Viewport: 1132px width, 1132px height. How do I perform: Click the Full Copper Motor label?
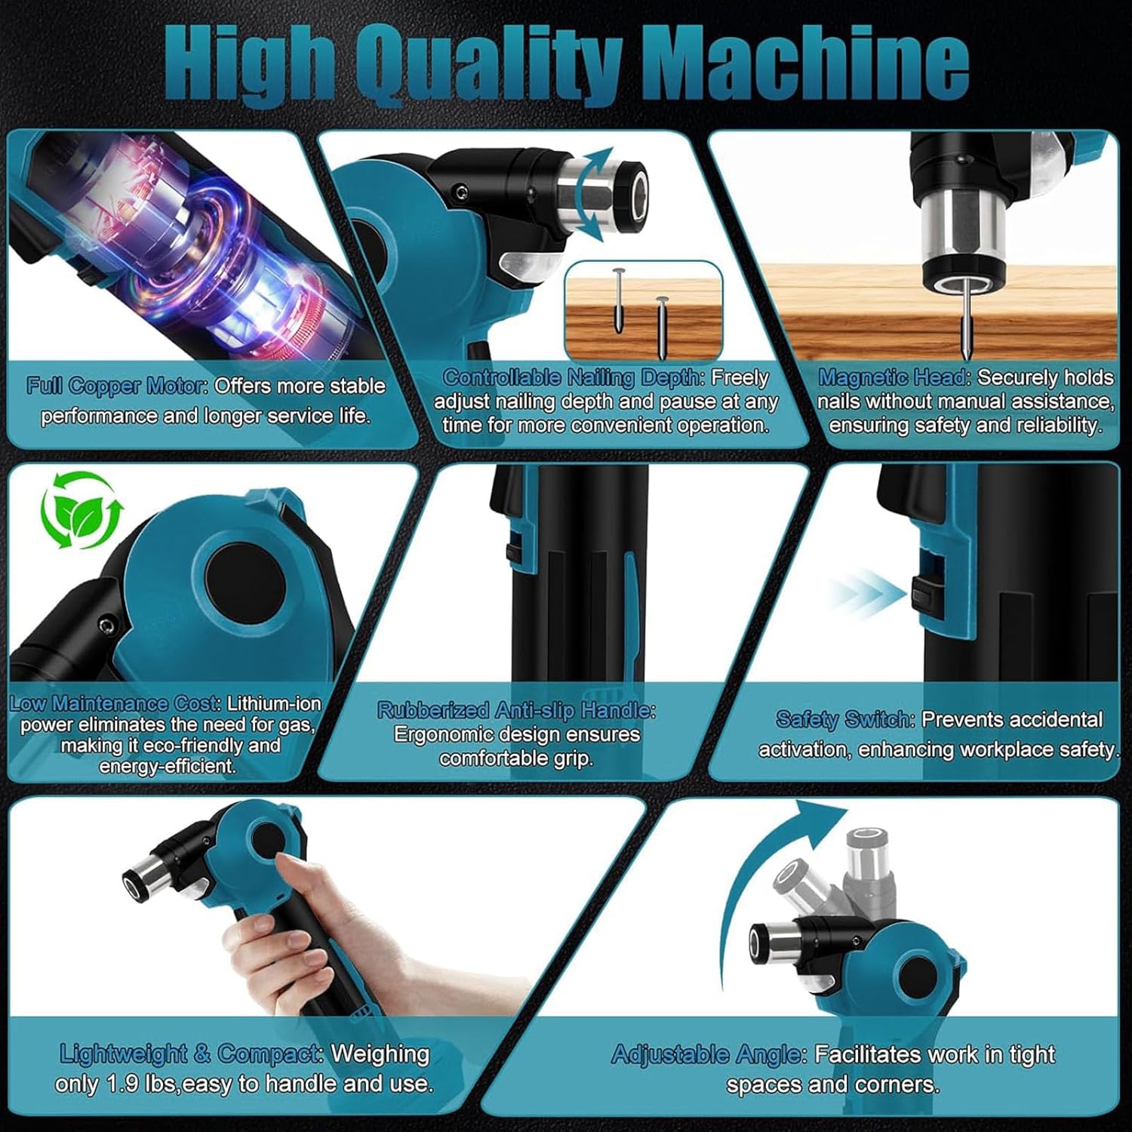[118, 386]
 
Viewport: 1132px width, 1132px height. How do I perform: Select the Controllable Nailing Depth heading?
[574, 377]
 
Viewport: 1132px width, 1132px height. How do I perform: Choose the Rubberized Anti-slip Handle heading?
[516, 710]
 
